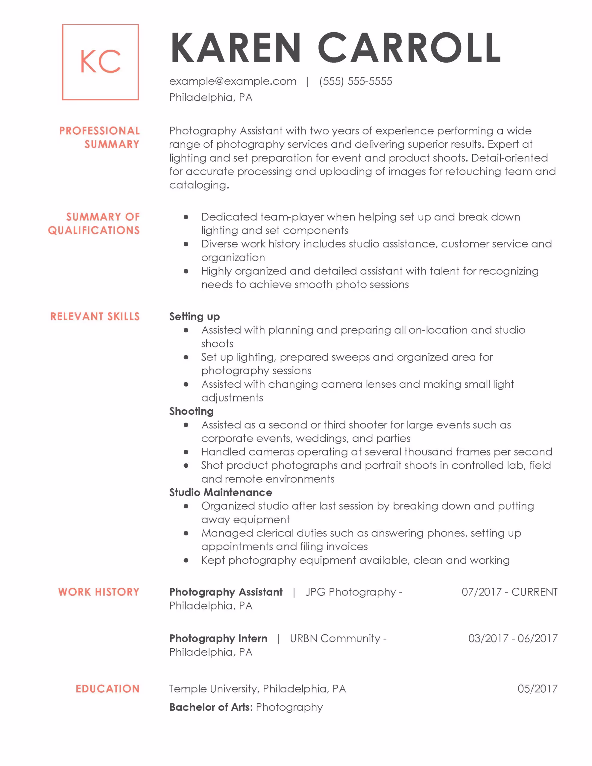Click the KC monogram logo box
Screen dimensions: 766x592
100,62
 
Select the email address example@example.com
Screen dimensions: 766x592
233,81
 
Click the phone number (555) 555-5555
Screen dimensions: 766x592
356,81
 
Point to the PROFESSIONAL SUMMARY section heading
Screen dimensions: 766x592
99,137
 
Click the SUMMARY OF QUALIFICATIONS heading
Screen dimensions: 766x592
94,224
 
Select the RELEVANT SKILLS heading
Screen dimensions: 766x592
95,317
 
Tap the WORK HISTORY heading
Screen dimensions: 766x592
99,592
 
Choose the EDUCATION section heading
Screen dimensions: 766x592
108,689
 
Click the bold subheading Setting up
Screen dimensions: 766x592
195,317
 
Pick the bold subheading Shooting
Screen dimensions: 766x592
191,411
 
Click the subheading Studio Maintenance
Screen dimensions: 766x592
221,493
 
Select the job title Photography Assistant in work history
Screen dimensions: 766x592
226,592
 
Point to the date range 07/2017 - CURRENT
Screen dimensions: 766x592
509,592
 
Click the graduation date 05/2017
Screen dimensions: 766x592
537,689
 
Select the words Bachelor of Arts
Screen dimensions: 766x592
210,707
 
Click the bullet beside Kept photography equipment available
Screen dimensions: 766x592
186,560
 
